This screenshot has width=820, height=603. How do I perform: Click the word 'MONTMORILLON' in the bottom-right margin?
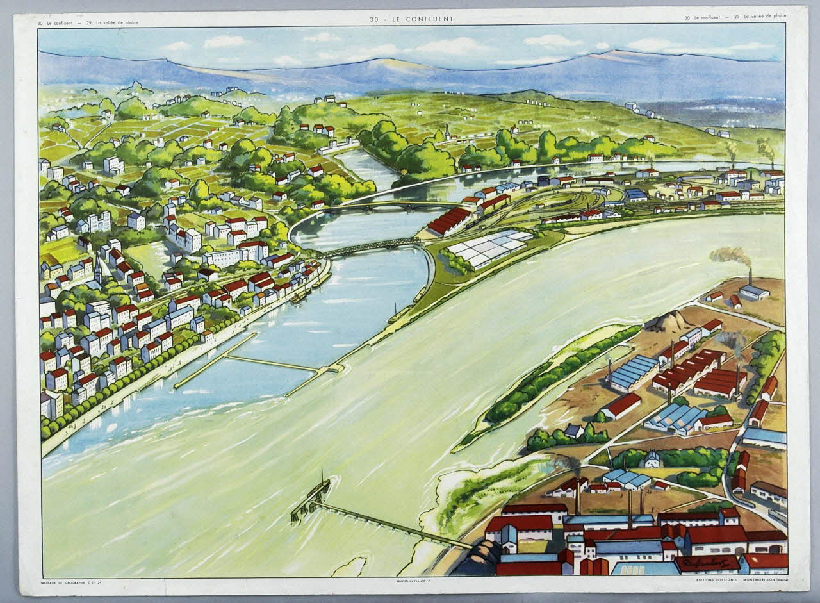pos(746,581)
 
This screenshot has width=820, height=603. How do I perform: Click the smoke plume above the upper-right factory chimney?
pos(730,255)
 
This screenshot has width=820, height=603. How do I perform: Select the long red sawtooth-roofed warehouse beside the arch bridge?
pos(448,221)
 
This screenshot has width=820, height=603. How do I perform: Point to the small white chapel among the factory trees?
pos(652,459)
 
